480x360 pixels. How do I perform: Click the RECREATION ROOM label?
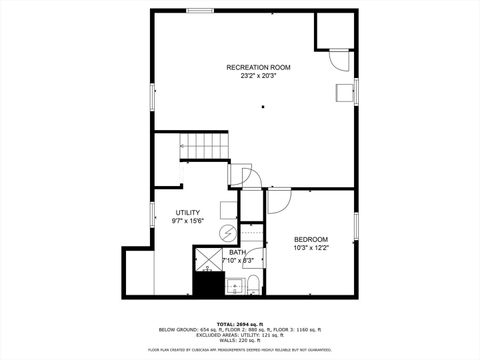pos(258,67)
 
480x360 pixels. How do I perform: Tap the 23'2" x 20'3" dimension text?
pos(258,76)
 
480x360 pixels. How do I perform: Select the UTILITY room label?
pos(187,212)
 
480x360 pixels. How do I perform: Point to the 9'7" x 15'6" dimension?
pos(187,221)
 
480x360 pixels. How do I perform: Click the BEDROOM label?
pos(311,238)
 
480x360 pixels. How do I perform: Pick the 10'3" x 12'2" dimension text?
pos(311,247)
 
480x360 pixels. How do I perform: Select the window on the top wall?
pos(200,11)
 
